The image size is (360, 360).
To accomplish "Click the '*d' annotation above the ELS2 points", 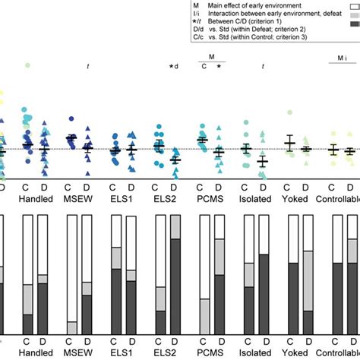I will click(x=174, y=67).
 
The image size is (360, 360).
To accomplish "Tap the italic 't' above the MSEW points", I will click(x=88, y=67).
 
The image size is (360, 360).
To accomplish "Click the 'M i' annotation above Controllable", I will click(x=343, y=58).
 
